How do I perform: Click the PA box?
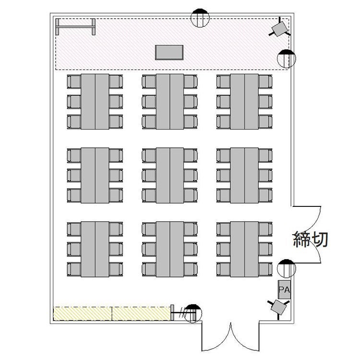(x=284, y=289)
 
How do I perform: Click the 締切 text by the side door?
(x=311, y=239)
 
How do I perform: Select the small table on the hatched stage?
(x=169, y=52)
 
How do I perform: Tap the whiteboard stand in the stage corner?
(x=75, y=26)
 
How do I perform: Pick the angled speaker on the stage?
(x=280, y=28)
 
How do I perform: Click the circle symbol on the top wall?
(x=200, y=18)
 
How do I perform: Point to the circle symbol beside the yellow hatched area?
(x=193, y=313)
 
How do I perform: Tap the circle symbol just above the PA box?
(x=286, y=269)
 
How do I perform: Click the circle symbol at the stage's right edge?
(x=287, y=59)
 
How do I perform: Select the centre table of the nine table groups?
(x=170, y=175)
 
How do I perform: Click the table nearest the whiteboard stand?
(x=95, y=101)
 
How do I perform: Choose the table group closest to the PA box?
(x=244, y=249)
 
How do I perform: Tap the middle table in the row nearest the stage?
(x=170, y=101)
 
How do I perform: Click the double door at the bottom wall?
(x=230, y=336)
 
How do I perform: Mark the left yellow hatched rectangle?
(x=83, y=313)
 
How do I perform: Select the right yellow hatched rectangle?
(x=142, y=313)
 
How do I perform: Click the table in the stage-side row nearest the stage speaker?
(x=244, y=101)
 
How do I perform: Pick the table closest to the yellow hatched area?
(x=95, y=249)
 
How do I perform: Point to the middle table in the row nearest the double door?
(x=170, y=249)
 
